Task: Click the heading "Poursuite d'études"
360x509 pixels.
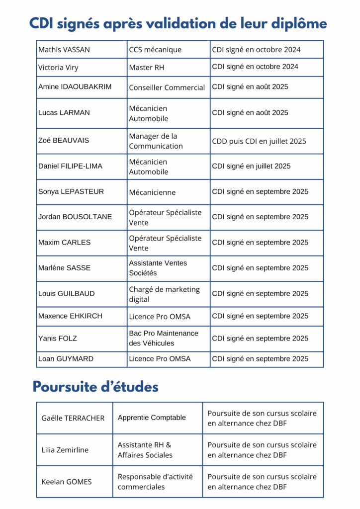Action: click(x=95, y=387)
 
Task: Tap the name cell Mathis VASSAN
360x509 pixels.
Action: click(x=64, y=50)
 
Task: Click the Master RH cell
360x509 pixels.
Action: click(x=147, y=68)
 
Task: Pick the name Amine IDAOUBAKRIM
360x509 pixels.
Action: click(x=75, y=87)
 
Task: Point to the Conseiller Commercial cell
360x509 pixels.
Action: click(x=167, y=87)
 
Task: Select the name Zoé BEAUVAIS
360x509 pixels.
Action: click(x=64, y=141)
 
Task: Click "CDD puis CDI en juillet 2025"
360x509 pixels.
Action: click(x=259, y=141)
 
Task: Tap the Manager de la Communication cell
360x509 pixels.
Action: click(x=156, y=141)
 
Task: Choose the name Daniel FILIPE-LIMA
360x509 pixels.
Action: click(x=70, y=166)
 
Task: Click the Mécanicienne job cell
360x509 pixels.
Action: click(x=152, y=192)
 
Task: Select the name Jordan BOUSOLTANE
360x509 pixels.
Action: click(x=75, y=217)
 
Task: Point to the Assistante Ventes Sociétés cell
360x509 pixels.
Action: click(x=158, y=268)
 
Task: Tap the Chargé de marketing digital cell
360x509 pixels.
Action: click(x=164, y=294)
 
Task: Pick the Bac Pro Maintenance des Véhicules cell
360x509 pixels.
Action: click(x=164, y=338)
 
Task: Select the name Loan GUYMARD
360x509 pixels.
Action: click(x=66, y=359)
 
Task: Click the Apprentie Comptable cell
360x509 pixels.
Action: click(x=152, y=418)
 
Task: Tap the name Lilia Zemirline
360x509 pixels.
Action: click(x=65, y=450)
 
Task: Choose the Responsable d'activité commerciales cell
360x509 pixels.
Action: click(x=155, y=482)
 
